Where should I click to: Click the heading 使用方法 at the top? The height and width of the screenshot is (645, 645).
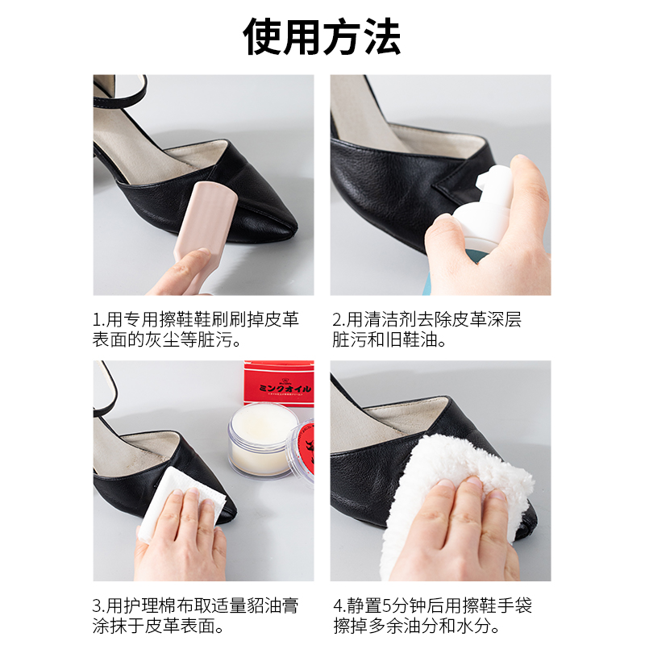[322, 36]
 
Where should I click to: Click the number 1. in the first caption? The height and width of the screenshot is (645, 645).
[99, 320]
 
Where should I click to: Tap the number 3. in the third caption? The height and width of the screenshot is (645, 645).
[99, 605]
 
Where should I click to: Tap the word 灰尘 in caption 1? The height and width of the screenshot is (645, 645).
[175, 340]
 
